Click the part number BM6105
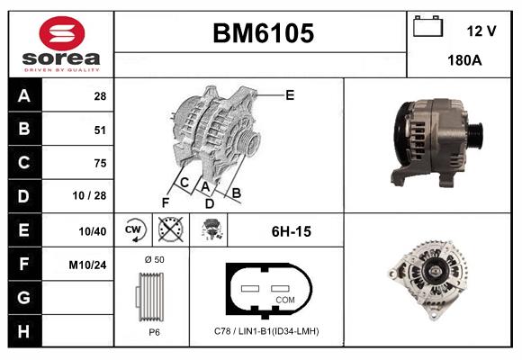[263, 33]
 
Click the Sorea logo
[62, 43]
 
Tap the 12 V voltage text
[481, 31]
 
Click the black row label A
[23, 95]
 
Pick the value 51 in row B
[100, 130]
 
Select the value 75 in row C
[100, 163]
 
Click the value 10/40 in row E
[94, 231]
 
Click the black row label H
[23, 332]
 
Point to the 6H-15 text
[291, 231]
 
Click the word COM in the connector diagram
[284, 299]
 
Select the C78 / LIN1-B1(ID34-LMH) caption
[266, 331]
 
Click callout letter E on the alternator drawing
[289, 94]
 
